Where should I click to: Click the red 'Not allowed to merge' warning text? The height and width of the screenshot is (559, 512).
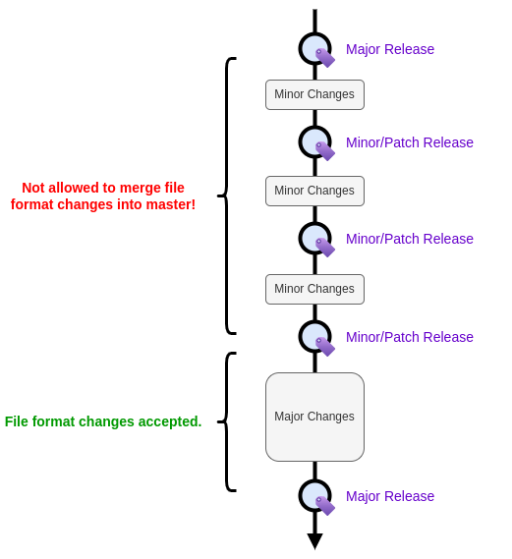tap(103, 196)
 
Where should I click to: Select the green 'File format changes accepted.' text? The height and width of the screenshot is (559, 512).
tap(103, 421)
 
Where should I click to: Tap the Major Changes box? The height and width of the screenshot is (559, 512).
tap(314, 417)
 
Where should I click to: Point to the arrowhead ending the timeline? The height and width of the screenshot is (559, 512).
tap(314, 541)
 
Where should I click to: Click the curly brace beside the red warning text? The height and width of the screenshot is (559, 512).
tap(227, 196)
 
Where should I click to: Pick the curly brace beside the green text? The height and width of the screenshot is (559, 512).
tap(227, 421)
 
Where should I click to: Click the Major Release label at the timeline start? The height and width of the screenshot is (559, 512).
tap(390, 49)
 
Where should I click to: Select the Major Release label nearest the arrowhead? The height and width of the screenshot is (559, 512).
tap(390, 496)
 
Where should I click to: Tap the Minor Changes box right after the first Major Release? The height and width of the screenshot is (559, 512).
tap(314, 94)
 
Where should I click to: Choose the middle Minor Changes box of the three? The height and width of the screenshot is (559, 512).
tap(314, 191)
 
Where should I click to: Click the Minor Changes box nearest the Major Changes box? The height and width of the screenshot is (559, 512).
tap(314, 289)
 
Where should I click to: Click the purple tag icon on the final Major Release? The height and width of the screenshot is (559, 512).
tap(325, 506)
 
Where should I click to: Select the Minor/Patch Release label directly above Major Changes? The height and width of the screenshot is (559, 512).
tap(410, 337)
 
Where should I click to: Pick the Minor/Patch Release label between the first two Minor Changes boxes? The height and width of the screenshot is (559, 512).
tap(410, 142)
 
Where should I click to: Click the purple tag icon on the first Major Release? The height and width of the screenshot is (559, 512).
tap(325, 58)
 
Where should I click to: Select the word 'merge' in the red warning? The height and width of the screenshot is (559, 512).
tap(137, 189)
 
